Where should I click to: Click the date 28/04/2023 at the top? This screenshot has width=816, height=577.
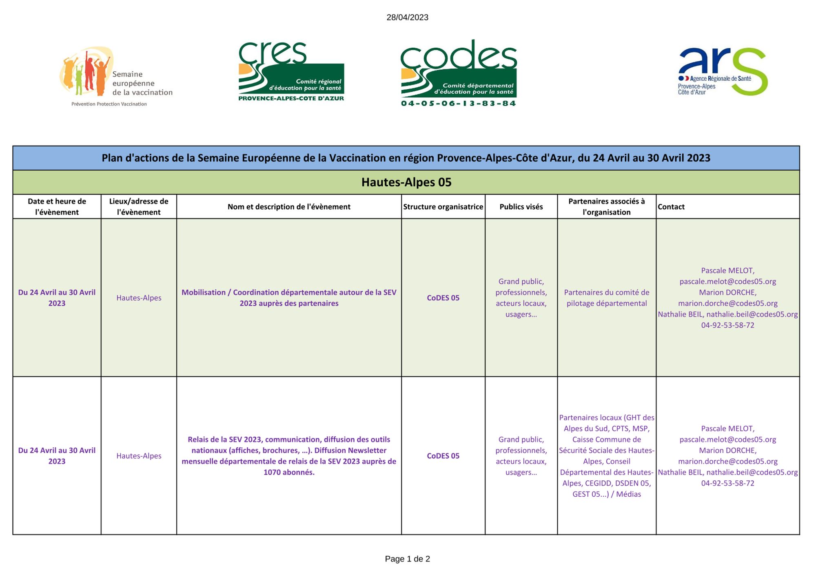coord(407,17)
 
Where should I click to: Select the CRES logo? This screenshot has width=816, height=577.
coord(291,71)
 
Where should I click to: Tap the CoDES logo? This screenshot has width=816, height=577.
coord(459,73)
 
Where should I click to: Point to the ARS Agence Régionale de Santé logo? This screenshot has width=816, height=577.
coord(723,72)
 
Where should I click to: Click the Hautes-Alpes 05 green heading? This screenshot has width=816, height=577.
coord(406,182)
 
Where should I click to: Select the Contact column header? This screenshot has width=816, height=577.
coord(671,207)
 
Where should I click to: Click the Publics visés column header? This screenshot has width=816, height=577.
coord(521,207)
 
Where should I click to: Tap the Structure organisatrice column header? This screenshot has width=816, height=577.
coord(443,207)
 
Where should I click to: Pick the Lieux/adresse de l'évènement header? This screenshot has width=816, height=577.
coord(139,207)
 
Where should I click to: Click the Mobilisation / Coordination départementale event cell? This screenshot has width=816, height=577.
coord(289,298)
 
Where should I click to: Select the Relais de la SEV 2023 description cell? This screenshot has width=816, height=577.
coord(289,455)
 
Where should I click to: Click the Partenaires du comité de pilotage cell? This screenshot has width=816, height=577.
coord(606,298)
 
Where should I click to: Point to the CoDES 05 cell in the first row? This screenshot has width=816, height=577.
coord(443,298)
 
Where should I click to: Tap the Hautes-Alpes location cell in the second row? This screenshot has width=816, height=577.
coord(139,456)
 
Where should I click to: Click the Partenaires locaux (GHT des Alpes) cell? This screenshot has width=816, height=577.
coord(606,455)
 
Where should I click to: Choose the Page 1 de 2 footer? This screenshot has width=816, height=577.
coord(407,559)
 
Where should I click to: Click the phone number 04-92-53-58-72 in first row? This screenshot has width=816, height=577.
coord(727,325)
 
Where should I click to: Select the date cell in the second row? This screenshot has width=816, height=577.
coord(57,455)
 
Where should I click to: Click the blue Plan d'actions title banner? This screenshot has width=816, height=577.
coord(406,158)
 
